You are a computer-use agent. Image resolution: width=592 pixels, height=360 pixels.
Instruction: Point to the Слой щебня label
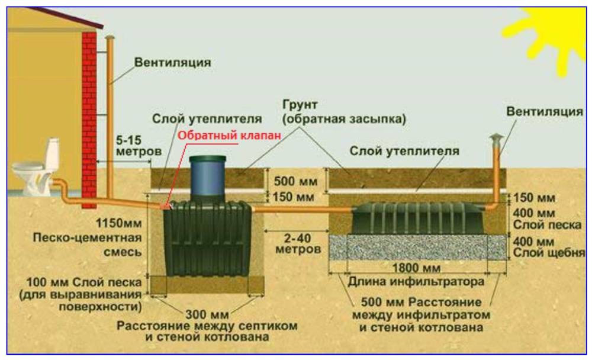(x=550, y=254)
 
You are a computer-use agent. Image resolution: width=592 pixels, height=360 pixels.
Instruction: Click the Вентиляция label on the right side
(x=545, y=111)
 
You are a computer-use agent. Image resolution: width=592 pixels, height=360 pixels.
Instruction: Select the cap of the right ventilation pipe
(x=495, y=139)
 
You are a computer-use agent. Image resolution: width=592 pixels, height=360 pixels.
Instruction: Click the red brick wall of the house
(x=89, y=118)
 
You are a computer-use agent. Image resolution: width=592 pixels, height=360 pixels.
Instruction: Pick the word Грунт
(x=300, y=105)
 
